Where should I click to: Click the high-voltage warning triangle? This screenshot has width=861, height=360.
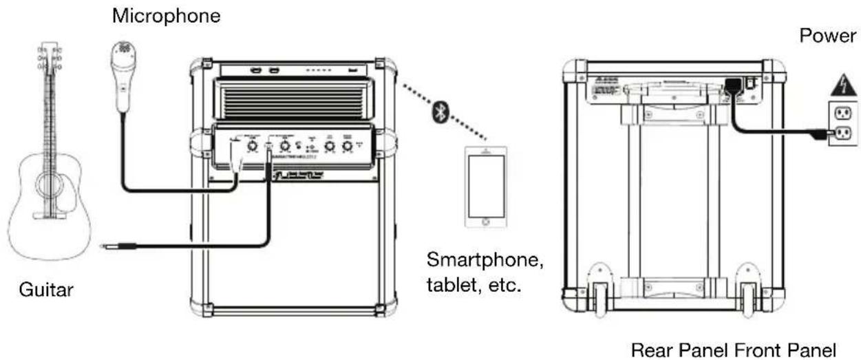point(840,86)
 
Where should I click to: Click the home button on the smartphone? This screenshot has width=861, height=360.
point(486,222)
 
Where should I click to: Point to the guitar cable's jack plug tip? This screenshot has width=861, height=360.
point(104,246)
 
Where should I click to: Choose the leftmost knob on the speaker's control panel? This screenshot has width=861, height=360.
point(253,145)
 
